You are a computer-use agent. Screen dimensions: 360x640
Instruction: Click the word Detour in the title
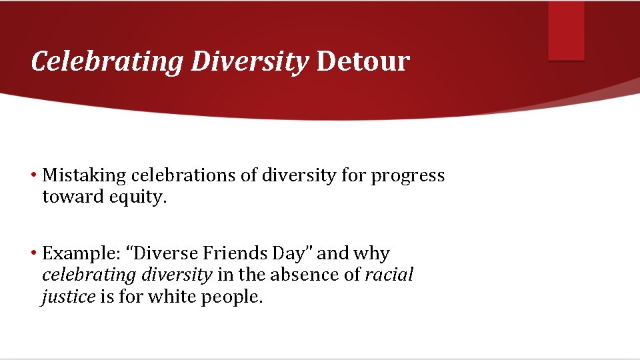pos(363,61)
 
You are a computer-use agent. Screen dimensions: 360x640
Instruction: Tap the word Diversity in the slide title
pos(250,61)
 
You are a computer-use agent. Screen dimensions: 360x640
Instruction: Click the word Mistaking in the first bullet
pos(84,175)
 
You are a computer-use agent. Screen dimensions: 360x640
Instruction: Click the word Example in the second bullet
pos(75,254)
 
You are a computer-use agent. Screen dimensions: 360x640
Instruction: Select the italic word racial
pos(389,275)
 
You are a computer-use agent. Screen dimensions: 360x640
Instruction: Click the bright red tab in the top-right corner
pos(566,31)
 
